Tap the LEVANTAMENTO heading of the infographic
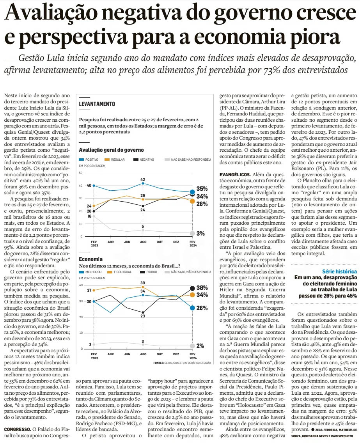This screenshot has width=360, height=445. click(x=97, y=104)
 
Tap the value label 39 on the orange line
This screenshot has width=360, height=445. click(x=143, y=283)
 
